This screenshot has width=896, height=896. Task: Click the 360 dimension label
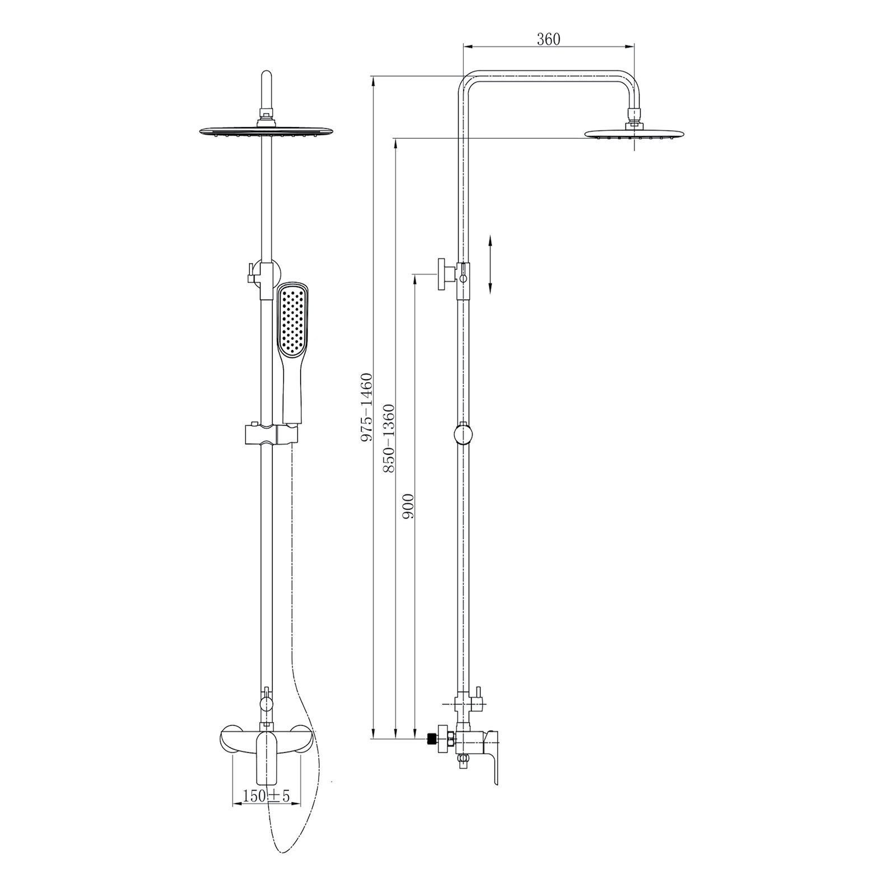(x=548, y=39)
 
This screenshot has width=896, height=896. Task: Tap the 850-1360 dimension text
(x=389, y=438)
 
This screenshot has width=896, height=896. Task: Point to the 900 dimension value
(x=408, y=506)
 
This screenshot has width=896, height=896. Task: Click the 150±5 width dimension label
(x=267, y=796)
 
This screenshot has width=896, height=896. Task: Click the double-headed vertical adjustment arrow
(x=490, y=264)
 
